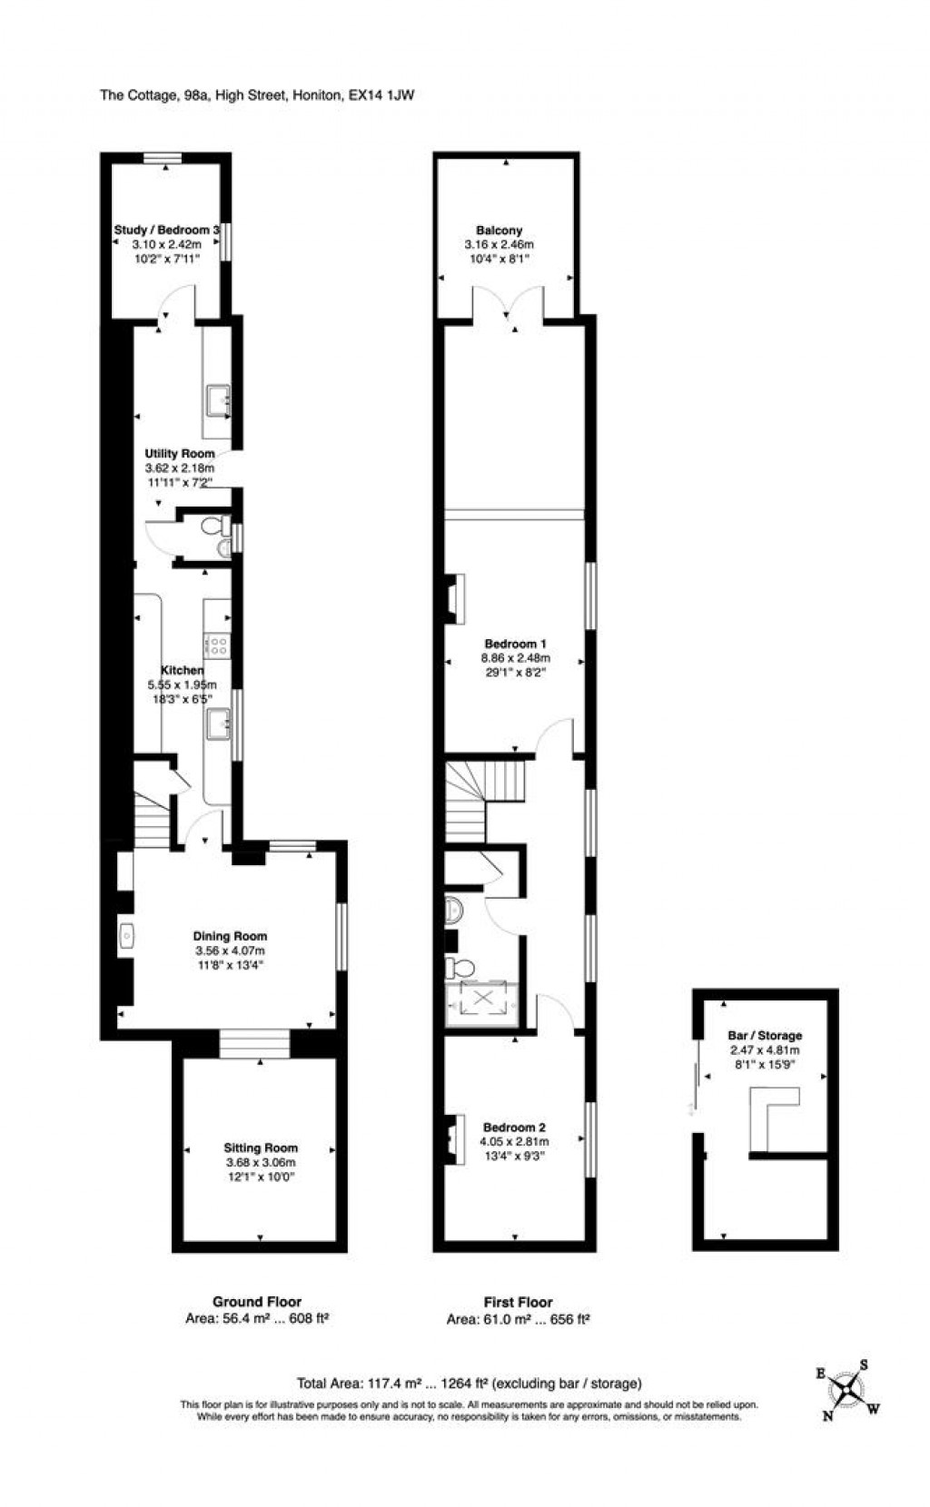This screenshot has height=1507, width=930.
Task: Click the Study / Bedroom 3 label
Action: coord(166,231)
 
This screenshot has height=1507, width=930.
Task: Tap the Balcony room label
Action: coord(499,231)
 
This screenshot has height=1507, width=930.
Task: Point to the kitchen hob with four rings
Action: coord(218,645)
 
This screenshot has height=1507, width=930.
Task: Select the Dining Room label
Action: coord(230,936)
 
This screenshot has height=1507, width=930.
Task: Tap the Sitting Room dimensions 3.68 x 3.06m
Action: coord(261,1162)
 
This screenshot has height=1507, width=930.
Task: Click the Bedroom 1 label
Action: coord(515,645)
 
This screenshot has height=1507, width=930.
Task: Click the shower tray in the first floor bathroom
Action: coord(482,1000)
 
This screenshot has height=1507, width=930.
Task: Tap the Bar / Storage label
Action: coord(765,1035)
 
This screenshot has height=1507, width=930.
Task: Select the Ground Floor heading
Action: coord(257,1301)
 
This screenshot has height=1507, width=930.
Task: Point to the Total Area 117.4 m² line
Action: coord(469,1384)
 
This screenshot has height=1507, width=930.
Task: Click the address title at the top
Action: coord(257,94)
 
